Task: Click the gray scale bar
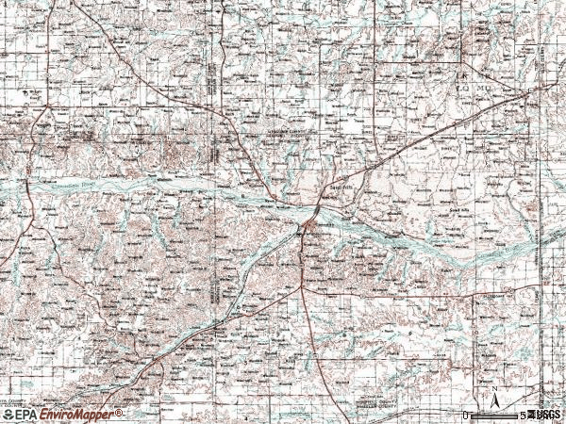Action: click(x=494, y=416)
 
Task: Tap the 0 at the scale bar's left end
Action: click(x=466, y=416)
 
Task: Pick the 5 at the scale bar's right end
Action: click(x=522, y=416)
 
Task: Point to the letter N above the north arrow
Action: click(x=493, y=388)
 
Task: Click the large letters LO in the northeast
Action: click(x=463, y=86)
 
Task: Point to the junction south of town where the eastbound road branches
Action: click(x=303, y=290)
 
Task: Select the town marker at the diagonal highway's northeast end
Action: click(x=528, y=92)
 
